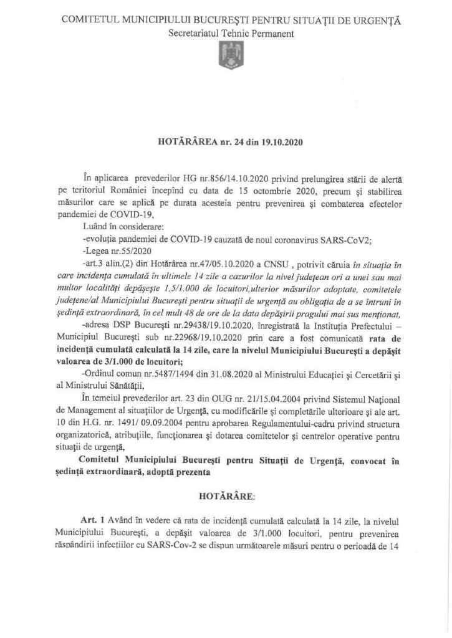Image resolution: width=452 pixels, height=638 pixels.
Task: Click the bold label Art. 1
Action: click(94, 520)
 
